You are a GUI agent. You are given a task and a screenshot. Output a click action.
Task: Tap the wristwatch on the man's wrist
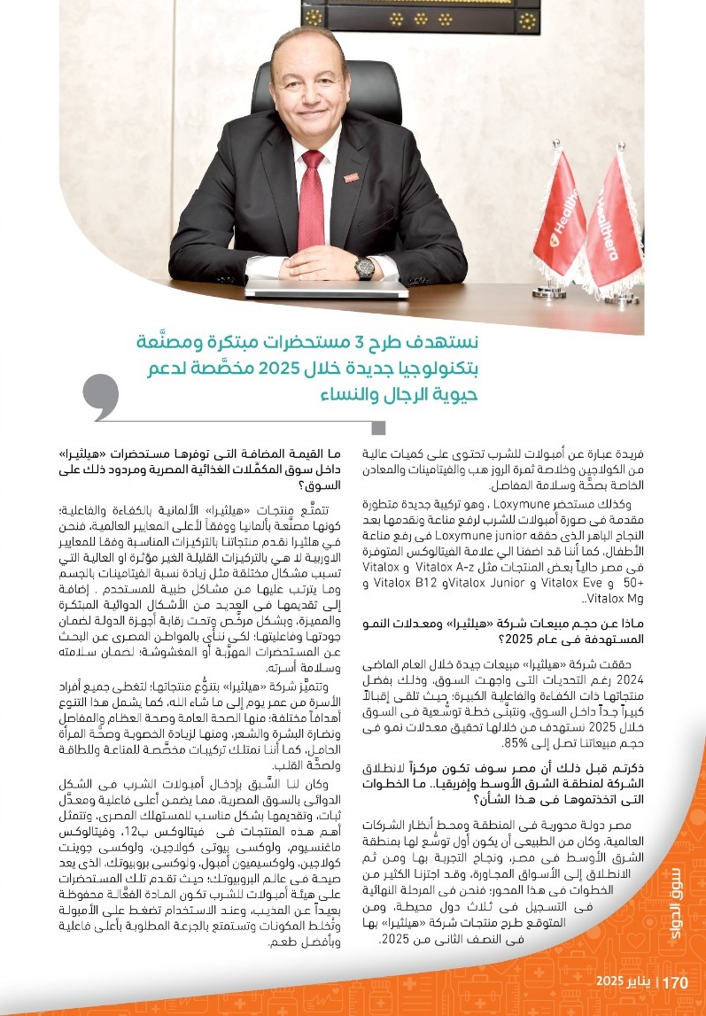coord(364,267)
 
